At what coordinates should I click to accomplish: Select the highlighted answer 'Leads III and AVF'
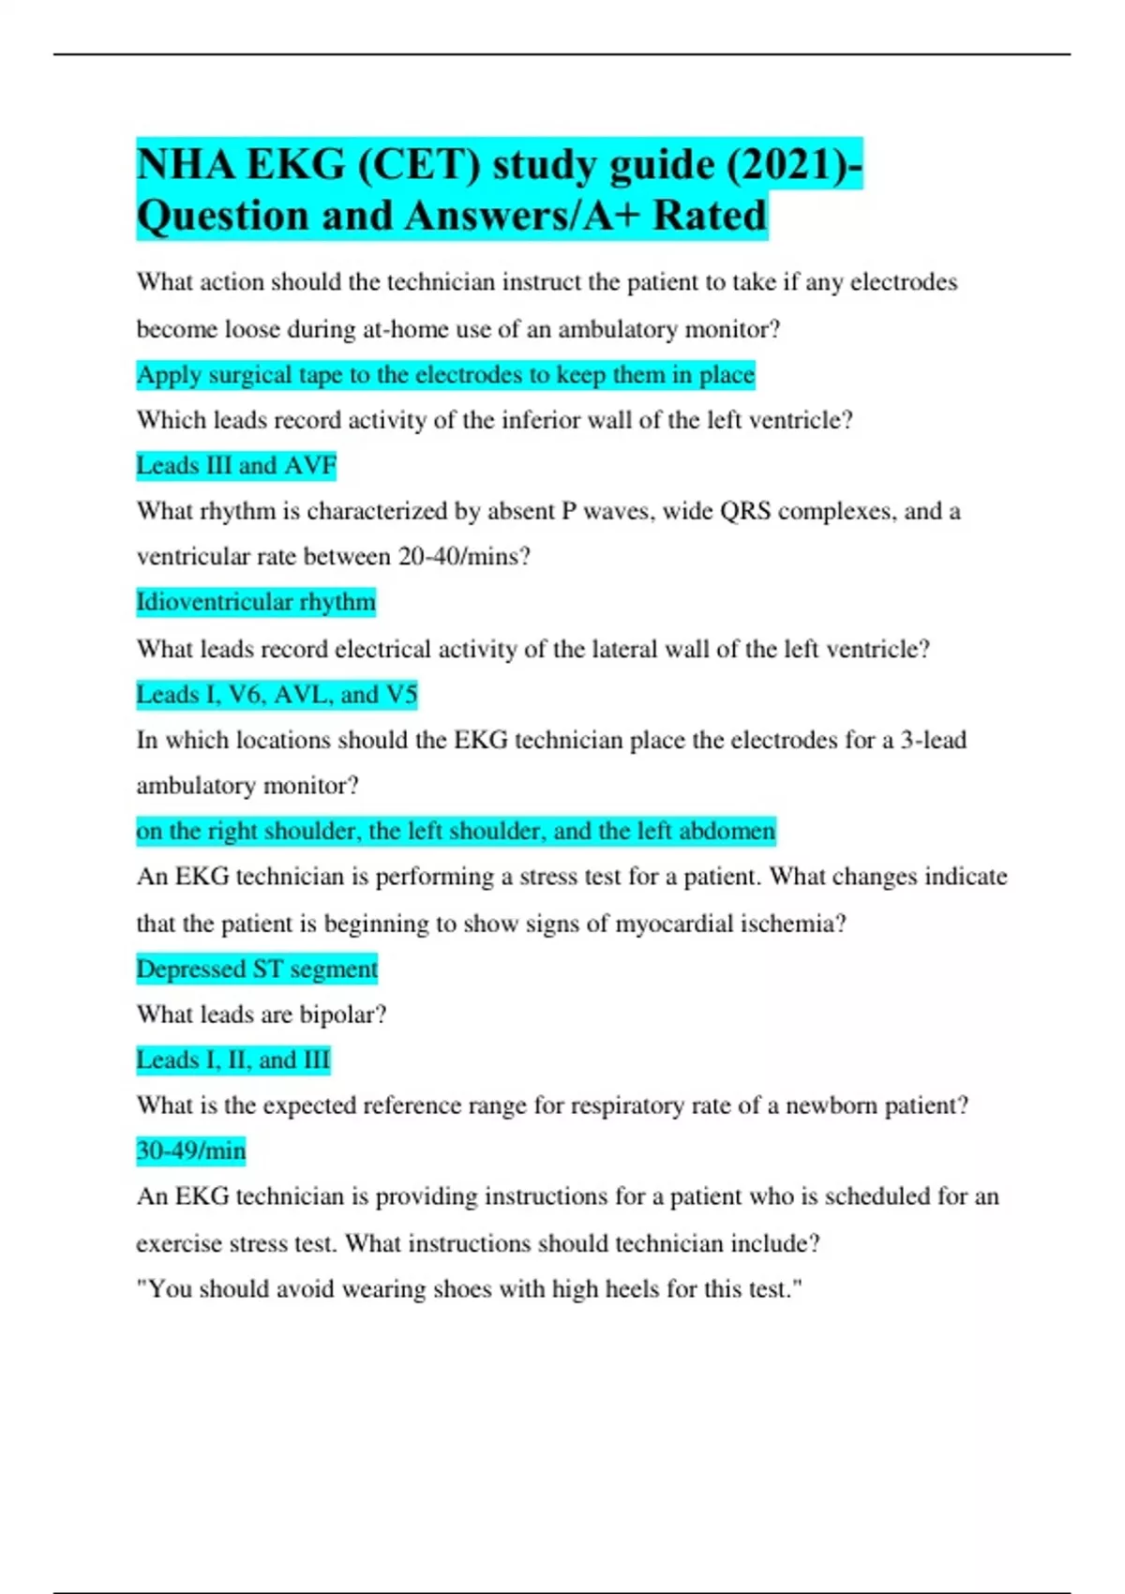[x=236, y=466]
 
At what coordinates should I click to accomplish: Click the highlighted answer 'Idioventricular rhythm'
[x=256, y=602]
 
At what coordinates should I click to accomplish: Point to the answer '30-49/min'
[x=191, y=1150]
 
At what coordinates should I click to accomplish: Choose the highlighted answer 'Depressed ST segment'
[x=257, y=969]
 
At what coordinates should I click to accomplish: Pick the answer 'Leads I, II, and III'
[x=233, y=1060]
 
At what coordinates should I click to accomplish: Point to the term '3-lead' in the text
[x=933, y=740]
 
